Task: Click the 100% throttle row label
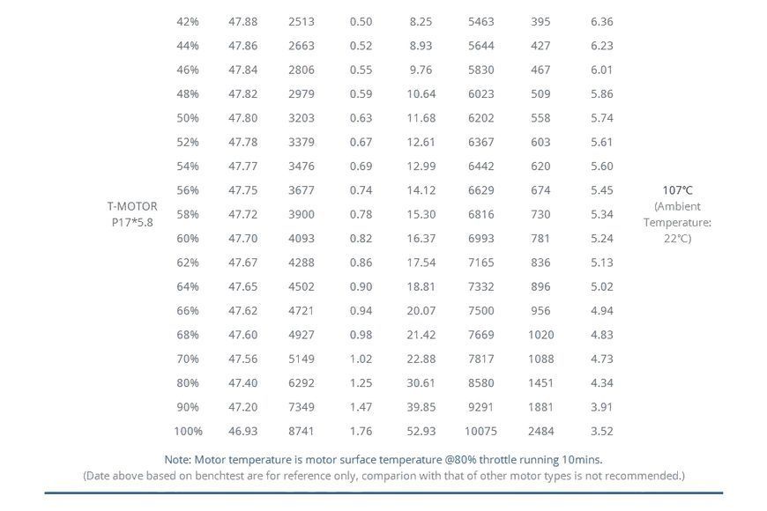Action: (188, 432)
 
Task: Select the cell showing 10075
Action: (480, 432)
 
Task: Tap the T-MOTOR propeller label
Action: (132, 214)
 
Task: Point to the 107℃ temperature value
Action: (677, 190)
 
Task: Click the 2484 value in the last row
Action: (540, 432)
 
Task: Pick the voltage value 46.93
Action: (242, 432)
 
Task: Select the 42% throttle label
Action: (188, 21)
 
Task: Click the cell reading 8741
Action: (302, 432)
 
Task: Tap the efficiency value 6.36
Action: (601, 21)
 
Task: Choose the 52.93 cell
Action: (421, 432)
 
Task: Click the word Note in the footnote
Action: (178, 460)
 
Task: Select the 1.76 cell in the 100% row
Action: (361, 432)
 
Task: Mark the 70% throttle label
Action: (188, 359)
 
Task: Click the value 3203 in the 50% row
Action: (302, 118)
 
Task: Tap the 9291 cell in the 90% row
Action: (480, 407)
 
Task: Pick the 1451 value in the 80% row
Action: (540, 383)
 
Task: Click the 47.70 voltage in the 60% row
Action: (242, 239)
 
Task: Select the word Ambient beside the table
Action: (677, 206)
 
